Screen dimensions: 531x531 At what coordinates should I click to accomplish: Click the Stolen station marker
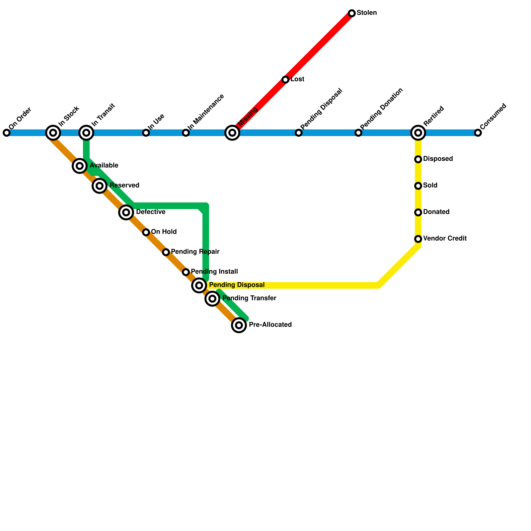click(x=352, y=13)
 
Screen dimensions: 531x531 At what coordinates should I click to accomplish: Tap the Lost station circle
click(x=285, y=80)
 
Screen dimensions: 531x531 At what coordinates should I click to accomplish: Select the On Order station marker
click(x=7, y=133)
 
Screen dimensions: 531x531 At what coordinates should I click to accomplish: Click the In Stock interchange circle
click(x=53, y=133)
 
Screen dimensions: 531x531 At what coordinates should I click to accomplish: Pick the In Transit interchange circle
click(x=86, y=133)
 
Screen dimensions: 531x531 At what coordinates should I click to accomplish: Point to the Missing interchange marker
click(x=232, y=133)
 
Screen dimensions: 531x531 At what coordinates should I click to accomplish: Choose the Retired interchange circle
click(x=418, y=133)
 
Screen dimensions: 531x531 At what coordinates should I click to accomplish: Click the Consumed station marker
click(x=478, y=133)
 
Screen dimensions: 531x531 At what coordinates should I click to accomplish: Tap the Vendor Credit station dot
click(x=418, y=239)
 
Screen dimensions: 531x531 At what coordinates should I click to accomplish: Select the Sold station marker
click(x=418, y=186)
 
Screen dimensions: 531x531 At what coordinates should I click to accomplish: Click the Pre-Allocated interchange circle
click(x=239, y=325)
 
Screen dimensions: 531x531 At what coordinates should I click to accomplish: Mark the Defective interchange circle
click(x=126, y=212)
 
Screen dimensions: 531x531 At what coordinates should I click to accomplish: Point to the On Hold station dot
click(x=146, y=232)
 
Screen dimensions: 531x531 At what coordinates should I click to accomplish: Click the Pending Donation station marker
click(x=358, y=133)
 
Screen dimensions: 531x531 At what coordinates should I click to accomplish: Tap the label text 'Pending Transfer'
click(x=249, y=298)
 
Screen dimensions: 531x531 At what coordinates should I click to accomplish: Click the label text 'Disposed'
click(x=438, y=159)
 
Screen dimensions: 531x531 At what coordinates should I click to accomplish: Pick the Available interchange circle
click(x=80, y=166)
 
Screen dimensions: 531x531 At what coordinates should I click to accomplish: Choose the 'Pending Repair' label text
click(x=195, y=252)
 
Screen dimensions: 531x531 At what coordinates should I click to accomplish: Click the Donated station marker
click(x=418, y=212)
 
